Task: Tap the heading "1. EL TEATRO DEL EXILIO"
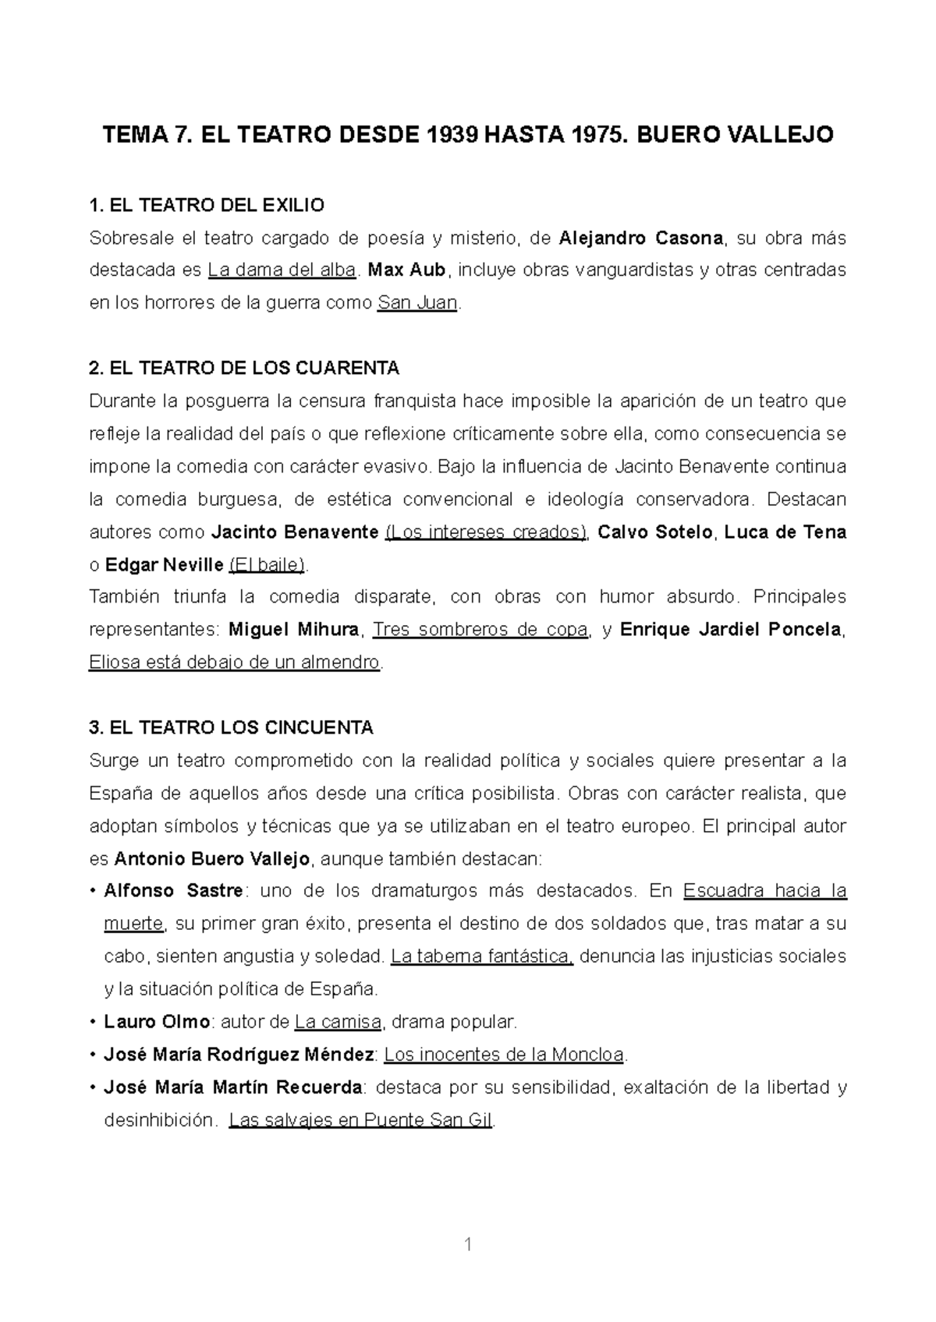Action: [x=207, y=206]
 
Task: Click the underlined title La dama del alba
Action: [x=282, y=270]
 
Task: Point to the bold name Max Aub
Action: [x=406, y=270]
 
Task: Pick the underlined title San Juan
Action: [x=417, y=303]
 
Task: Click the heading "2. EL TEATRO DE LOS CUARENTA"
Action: [x=244, y=368]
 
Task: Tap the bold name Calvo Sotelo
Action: [x=655, y=532]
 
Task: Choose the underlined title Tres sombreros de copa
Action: [x=480, y=630]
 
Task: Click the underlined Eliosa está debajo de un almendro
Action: [x=234, y=663]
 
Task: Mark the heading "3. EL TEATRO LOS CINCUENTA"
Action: [x=232, y=728]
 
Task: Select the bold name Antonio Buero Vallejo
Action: [x=212, y=859]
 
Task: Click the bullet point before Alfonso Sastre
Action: [x=94, y=891]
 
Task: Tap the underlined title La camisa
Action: [x=338, y=1022]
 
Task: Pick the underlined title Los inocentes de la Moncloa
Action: [x=505, y=1055]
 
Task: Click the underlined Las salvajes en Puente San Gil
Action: [x=361, y=1121]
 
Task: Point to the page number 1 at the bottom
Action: [x=468, y=1245]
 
